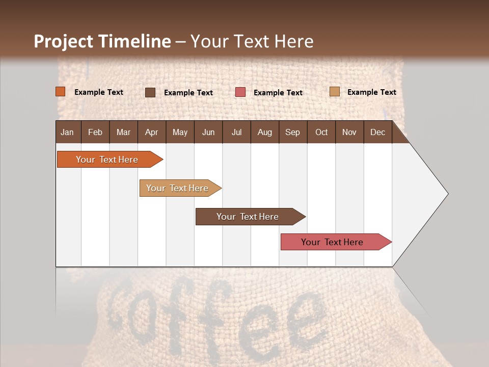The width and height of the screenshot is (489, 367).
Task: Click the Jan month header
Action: pyautogui.click(x=67, y=132)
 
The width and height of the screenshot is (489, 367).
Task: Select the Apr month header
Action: pyautogui.click(x=151, y=132)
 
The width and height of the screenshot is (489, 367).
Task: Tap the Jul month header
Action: pyautogui.click(x=236, y=132)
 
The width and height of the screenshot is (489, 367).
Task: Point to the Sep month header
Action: pyautogui.click(x=292, y=132)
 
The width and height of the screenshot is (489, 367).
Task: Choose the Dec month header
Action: pyautogui.click(x=377, y=132)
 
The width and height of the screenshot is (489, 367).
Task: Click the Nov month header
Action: pyautogui.click(x=349, y=132)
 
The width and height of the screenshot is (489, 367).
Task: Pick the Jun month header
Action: pyautogui.click(x=208, y=132)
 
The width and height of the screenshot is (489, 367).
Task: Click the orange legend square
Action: pyautogui.click(x=61, y=92)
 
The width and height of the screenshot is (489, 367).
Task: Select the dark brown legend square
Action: pyautogui.click(x=150, y=92)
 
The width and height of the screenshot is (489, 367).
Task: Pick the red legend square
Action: pyautogui.click(x=240, y=92)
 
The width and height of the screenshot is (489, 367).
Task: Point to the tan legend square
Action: pyautogui.click(x=334, y=92)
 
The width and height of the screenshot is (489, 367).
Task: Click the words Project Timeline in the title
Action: pyautogui.click(x=102, y=41)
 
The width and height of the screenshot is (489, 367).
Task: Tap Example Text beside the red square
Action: pyautogui.click(x=278, y=92)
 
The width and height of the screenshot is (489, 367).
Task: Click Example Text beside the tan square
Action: pyautogui.click(x=372, y=92)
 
